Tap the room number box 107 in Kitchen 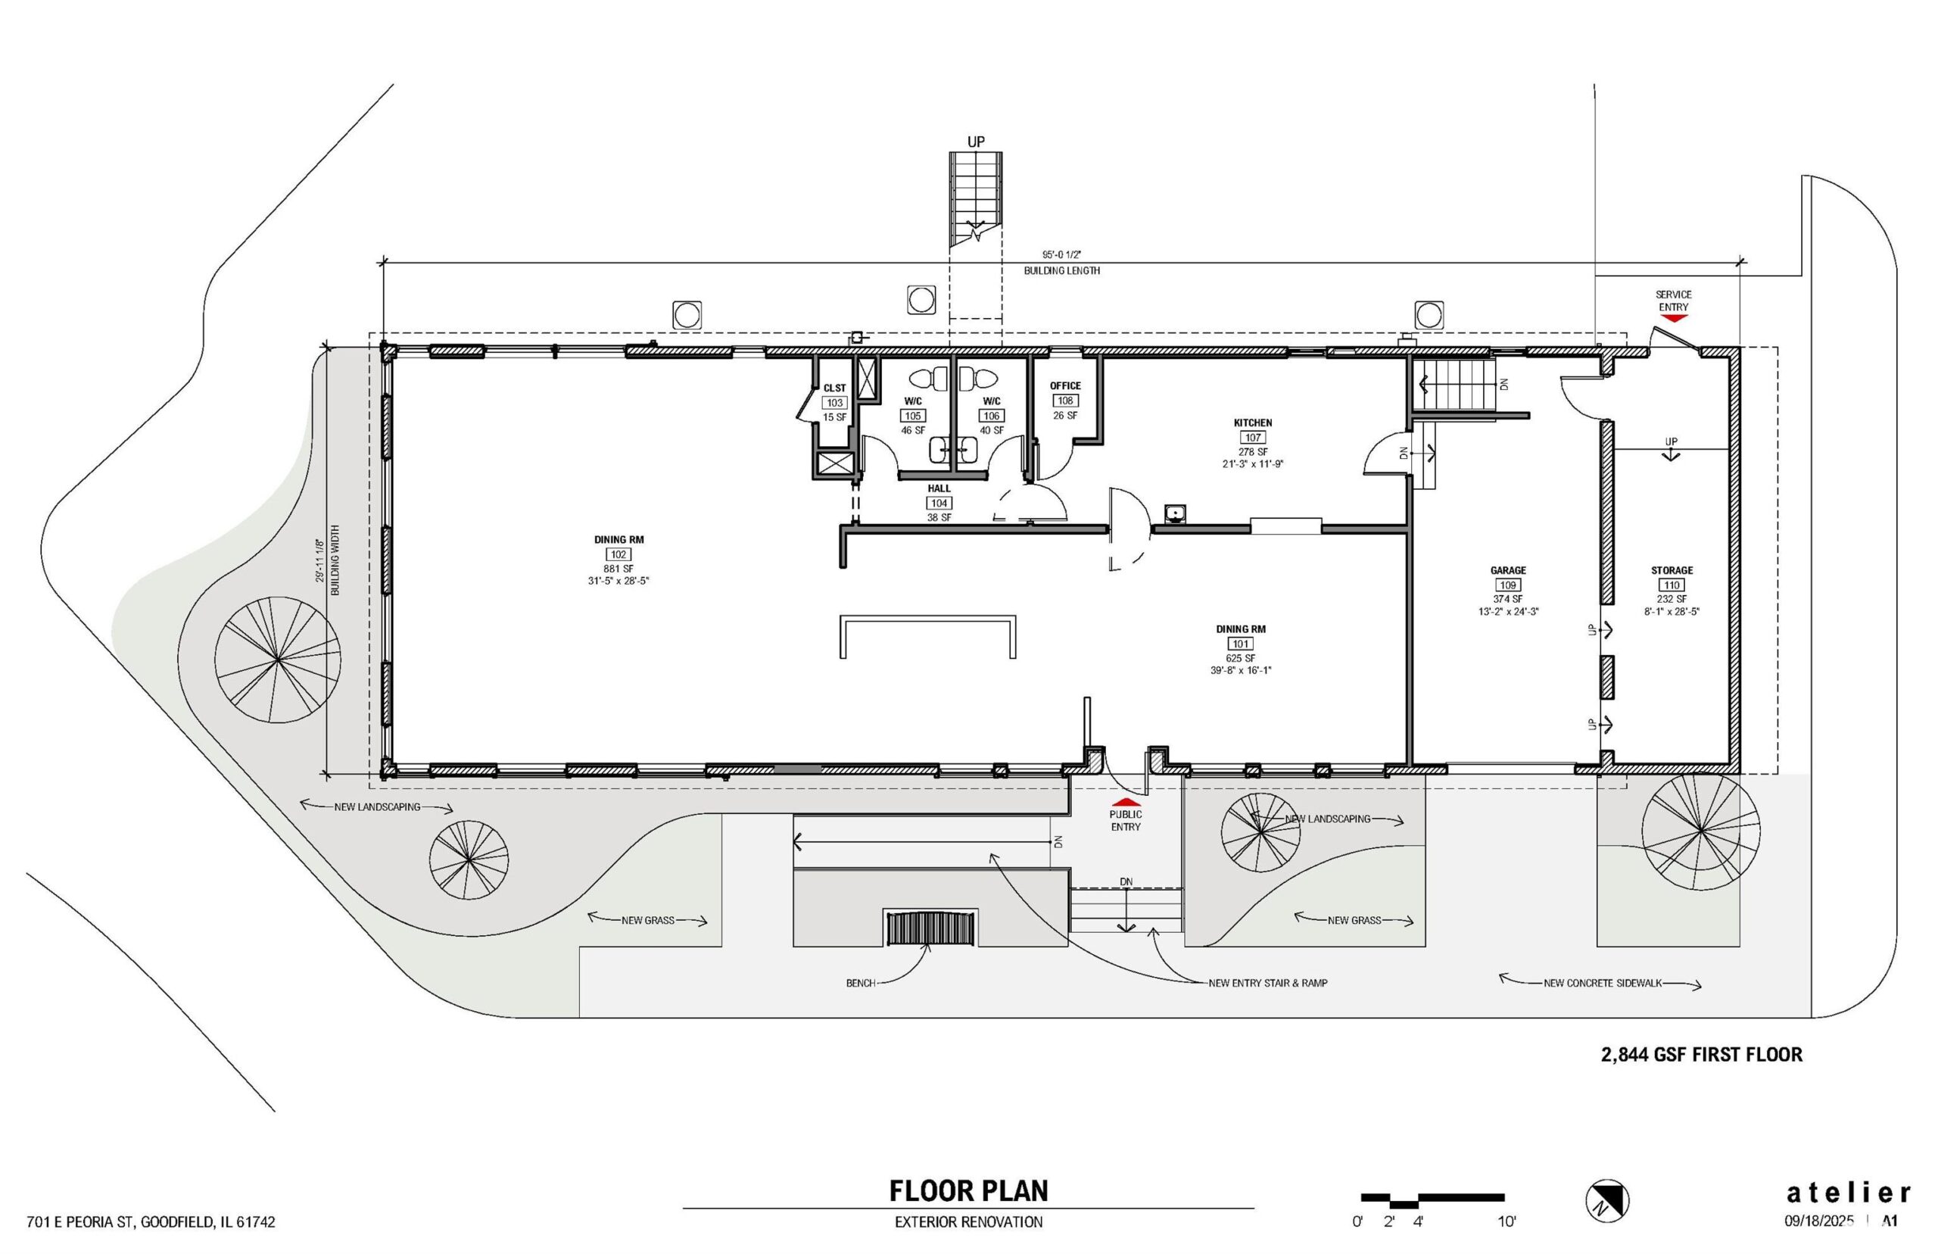tap(1253, 437)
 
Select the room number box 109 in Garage tap(1507, 585)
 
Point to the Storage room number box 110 tap(1672, 585)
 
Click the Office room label tap(1064, 386)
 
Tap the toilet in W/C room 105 tap(929, 379)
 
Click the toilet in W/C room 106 tap(977, 379)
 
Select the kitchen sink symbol tap(1173, 513)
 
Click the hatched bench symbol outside tap(930, 928)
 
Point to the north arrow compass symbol tap(1607, 1200)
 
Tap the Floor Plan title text tap(968, 1190)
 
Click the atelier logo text tap(1848, 1193)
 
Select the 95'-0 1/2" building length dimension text tap(1061, 254)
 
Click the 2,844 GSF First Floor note tap(1701, 1055)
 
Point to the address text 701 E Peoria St tap(151, 1222)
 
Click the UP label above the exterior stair tap(976, 142)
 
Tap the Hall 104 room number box tap(939, 504)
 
